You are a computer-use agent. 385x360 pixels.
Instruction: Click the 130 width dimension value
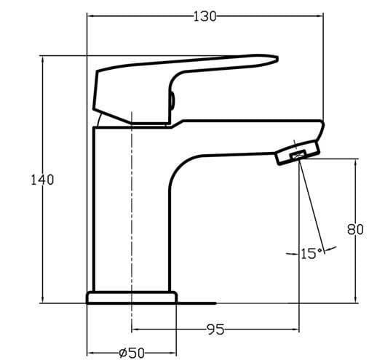coord(205,17)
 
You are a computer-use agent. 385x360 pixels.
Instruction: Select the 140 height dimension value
coord(42,180)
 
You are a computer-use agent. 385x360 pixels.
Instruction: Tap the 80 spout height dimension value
coord(355,230)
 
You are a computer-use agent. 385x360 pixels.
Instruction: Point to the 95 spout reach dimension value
coord(215,329)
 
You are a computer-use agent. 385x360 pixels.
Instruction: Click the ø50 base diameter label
coord(132,353)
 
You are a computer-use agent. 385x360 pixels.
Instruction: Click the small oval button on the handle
coord(172,100)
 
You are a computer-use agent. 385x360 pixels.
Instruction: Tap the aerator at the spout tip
coord(298,153)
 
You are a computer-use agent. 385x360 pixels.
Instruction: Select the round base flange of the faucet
coord(132,297)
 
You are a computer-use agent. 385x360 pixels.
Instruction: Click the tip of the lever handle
coord(277,58)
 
